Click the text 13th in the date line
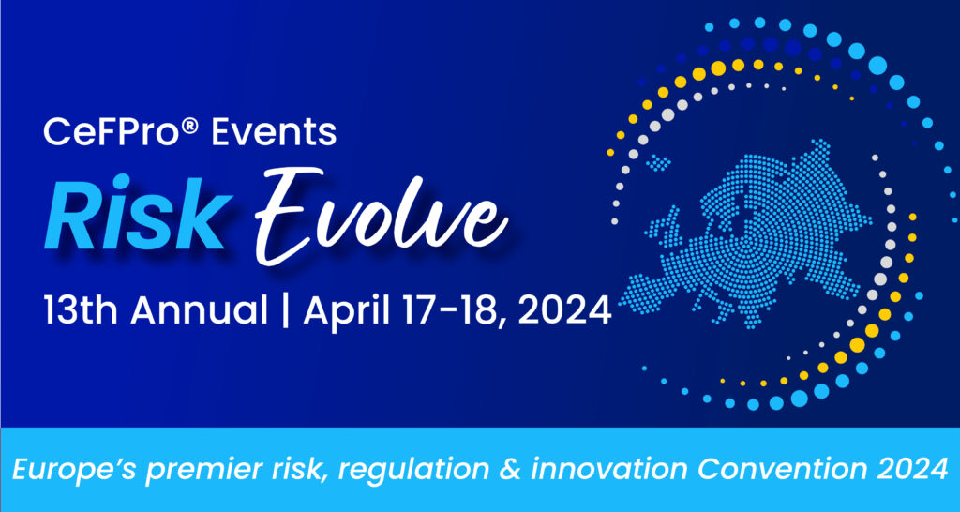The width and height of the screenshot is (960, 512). pos(81,309)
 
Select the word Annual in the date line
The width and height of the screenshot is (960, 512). pos(200,309)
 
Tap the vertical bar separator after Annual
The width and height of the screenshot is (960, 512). pos(287,310)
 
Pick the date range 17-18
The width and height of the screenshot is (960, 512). pos(448,309)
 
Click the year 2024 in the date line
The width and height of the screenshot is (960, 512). pos(557,309)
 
